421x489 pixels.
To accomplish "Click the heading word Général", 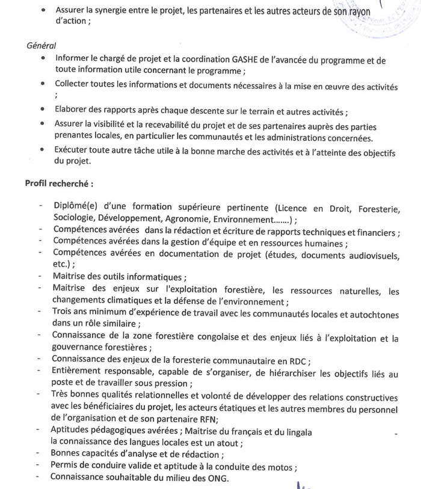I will click(41, 46).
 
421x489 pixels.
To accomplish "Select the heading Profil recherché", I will click(58, 182).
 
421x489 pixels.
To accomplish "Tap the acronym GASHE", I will click(247, 60).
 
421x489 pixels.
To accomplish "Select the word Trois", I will click(63, 312).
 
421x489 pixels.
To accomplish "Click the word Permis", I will click(66, 466).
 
